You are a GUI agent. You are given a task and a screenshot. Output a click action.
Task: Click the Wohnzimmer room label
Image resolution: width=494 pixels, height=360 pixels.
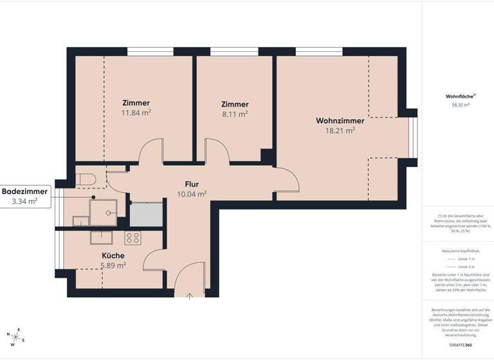point(340,120)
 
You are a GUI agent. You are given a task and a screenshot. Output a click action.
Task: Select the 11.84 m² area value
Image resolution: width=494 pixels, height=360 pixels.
point(136,113)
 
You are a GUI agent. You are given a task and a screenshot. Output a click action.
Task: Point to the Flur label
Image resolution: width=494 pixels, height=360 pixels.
point(192,184)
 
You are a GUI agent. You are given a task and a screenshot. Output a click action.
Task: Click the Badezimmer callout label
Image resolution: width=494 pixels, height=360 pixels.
point(24,192)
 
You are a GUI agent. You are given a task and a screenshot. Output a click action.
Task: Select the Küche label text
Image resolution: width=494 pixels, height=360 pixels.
point(113,255)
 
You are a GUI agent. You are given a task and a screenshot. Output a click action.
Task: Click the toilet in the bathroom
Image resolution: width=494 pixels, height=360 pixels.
point(85,175)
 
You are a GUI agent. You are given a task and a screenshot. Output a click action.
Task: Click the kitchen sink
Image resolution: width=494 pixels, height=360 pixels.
point(102,237)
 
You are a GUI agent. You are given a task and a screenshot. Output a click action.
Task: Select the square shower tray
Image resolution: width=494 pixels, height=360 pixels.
point(103,212)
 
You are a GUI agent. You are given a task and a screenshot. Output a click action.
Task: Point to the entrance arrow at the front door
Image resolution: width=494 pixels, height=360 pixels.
point(190,296)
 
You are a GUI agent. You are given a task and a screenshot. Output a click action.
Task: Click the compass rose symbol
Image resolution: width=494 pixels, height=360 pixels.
point(16,335)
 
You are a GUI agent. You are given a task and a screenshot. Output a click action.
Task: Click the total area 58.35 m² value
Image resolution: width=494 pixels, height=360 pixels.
point(460,104)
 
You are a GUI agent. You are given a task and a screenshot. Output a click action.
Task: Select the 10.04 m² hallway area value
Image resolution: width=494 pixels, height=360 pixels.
point(192,194)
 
